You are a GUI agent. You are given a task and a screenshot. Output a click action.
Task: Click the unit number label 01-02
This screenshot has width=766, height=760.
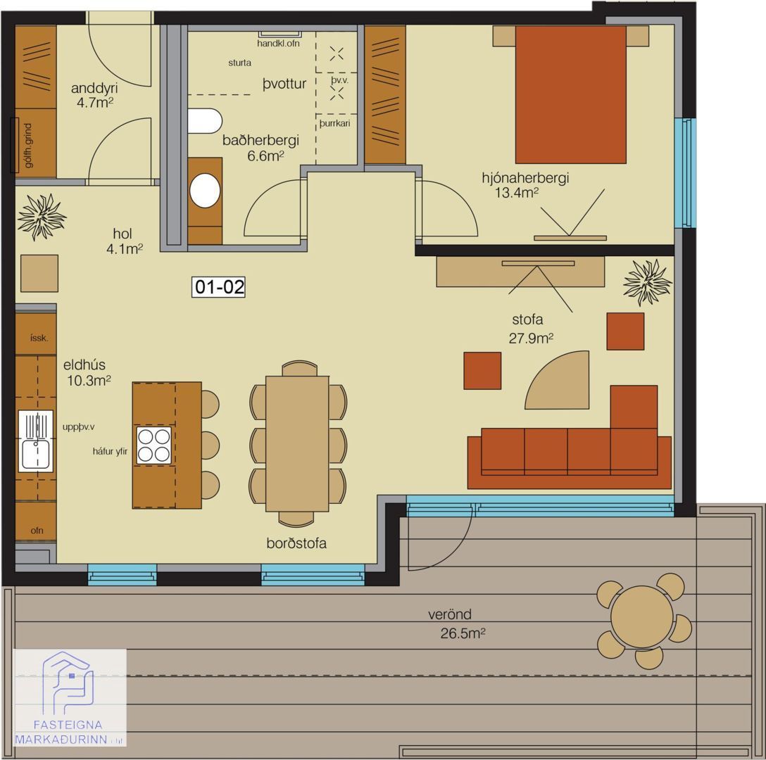(x=218, y=286)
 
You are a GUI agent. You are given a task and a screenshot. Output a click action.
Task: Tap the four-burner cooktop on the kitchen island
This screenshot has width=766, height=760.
(x=154, y=445)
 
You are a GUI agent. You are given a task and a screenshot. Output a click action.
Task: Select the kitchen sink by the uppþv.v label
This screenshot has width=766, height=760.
(x=36, y=441)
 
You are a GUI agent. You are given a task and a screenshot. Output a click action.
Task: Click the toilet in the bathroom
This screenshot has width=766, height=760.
(x=205, y=120)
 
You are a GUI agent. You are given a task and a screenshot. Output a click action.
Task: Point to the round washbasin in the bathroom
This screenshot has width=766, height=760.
(x=205, y=191)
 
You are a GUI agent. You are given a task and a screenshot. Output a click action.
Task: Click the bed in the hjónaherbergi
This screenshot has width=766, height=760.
(x=570, y=94)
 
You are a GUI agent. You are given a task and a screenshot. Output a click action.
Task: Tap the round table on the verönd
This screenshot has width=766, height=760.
(x=642, y=617)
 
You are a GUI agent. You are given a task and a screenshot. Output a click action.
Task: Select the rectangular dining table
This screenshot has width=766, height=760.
(x=297, y=444)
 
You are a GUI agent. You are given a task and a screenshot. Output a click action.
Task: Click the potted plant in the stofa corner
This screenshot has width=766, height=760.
(x=647, y=283)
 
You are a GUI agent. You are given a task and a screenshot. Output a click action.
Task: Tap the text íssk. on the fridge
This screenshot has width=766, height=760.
(x=39, y=338)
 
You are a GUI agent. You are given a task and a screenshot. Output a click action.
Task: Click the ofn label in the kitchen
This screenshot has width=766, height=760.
(x=37, y=531)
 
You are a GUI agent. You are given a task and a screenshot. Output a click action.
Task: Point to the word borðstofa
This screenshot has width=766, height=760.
(x=296, y=543)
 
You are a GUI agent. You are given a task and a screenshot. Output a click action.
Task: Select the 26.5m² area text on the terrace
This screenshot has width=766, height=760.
(x=463, y=633)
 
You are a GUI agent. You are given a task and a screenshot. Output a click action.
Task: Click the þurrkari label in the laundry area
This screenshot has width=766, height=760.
(x=334, y=124)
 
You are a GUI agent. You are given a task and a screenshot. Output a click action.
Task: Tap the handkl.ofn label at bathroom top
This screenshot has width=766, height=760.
(x=279, y=44)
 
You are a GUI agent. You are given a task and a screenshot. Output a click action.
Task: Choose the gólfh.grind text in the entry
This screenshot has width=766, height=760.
(x=28, y=146)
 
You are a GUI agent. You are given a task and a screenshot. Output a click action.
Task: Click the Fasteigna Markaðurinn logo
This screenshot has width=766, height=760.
(x=70, y=697)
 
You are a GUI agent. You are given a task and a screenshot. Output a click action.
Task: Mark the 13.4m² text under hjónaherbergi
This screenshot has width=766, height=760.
(x=516, y=193)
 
